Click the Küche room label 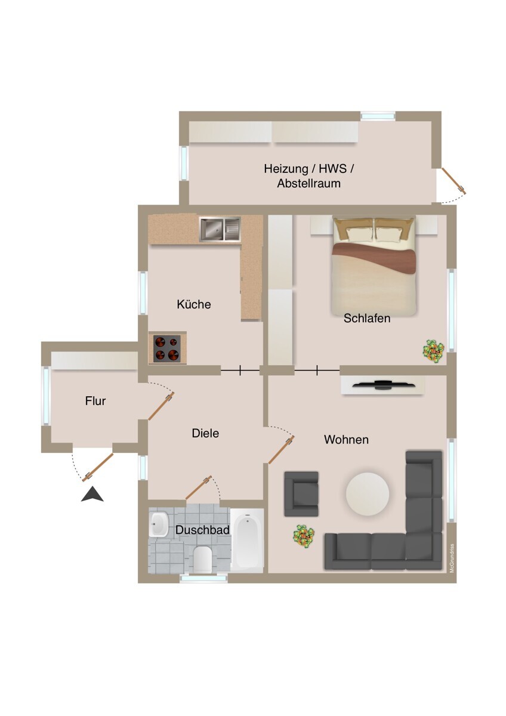point(194,304)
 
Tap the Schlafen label point(367,319)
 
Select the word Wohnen point(346,440)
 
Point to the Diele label point(205,433)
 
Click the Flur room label point(95,401)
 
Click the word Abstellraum point(308,184)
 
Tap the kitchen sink point(220,229)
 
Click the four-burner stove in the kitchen point(167,348)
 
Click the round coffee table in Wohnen point(368,493)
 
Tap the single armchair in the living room point(301,493)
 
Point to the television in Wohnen point(382,384)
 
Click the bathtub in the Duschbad point(246,541)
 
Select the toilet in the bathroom point(203,558)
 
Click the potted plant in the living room point(304,535)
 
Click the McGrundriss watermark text point(452,558)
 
